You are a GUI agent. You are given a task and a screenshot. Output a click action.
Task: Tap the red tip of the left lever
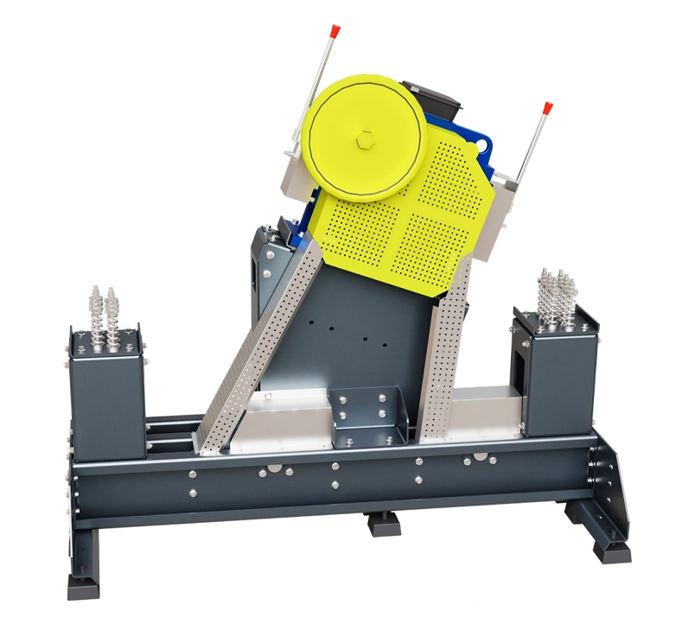coord(335,31)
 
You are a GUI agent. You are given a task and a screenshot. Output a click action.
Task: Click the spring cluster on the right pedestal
coord(558,298)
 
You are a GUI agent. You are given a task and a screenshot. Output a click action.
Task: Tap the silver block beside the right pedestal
coord(484,411)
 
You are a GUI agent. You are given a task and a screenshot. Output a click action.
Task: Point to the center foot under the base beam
coord(384,522)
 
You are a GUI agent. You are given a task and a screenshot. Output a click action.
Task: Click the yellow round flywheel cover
coord(363,138)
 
